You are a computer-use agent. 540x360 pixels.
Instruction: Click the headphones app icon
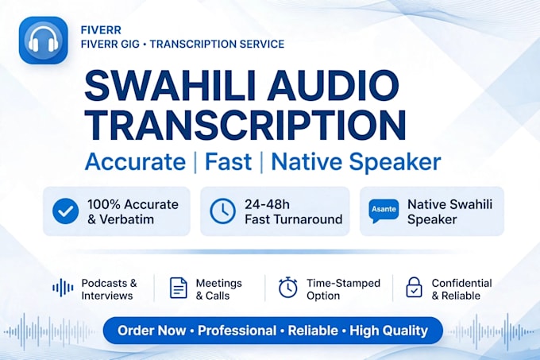pos(44,41)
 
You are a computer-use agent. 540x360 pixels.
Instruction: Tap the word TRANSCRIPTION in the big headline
pos(245,125)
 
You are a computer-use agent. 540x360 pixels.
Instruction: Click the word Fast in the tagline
pos(228,161)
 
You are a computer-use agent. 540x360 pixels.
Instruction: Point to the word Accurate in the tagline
pos(135,161)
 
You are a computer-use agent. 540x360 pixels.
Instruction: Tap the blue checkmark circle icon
pos(65,211)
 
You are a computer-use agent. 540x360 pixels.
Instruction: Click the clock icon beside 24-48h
pos(223,211)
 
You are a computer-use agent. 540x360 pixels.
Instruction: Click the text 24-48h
pos(267,204)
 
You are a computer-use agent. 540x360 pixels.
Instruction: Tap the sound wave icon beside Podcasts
pos(63,288)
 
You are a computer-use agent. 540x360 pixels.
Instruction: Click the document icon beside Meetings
pos(179,288)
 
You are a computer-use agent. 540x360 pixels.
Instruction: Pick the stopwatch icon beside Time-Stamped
pos(288,287)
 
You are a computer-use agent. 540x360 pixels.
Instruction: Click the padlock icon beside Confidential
pos(414,288)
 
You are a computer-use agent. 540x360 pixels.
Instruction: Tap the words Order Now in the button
pos(152,331)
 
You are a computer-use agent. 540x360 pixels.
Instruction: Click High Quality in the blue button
pos(389,331)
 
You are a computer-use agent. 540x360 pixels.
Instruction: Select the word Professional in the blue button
pos(237,331)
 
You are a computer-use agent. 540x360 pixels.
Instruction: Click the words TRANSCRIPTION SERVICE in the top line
pos(217,44)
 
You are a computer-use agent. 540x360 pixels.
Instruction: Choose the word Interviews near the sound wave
pos(106,296)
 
